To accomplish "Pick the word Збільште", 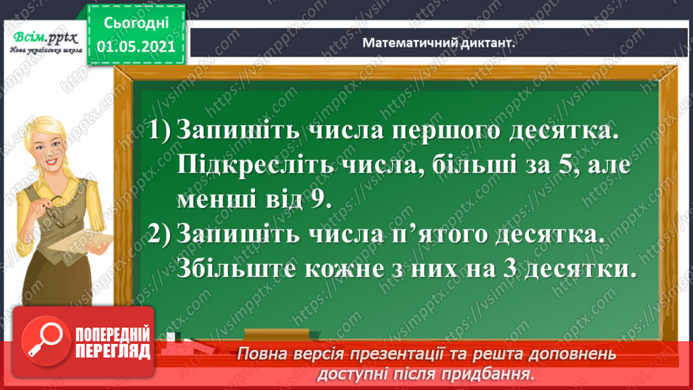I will pos(226,269).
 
